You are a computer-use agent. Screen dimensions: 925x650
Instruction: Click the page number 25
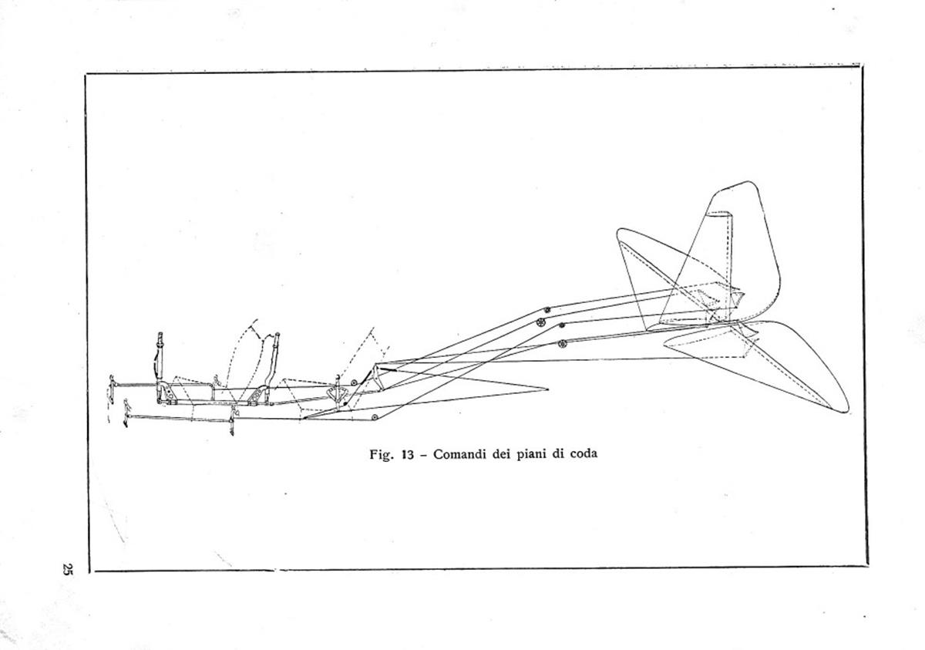67,568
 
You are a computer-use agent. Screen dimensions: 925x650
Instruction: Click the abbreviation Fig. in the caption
380,455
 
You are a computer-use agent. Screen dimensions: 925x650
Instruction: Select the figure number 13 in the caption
407,455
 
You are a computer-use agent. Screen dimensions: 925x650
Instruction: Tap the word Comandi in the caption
459,454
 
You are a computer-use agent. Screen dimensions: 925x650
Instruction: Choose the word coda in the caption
584,454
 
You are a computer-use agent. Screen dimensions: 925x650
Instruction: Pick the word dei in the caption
501,454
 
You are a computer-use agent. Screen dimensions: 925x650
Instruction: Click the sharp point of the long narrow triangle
547,389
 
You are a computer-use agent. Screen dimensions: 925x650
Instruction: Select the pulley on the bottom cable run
375,417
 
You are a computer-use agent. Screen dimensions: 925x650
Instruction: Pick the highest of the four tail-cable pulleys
547,310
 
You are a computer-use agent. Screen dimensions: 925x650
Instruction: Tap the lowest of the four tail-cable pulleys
562,344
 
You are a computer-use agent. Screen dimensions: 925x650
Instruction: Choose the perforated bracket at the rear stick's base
257,396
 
